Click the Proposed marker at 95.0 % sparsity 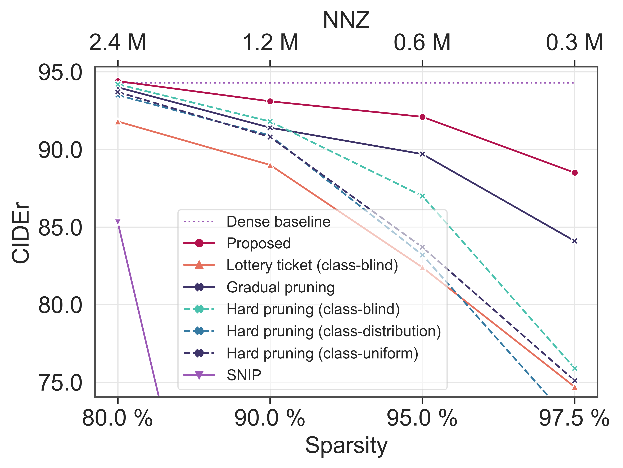[422, 117]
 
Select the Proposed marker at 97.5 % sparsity [575, 173]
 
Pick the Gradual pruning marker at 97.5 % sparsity [575, 241]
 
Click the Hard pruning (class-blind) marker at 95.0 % [422, 196]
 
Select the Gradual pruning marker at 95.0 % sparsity [422, 154]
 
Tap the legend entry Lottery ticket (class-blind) [312, 265]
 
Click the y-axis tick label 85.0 [60, 227]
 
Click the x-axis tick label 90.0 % [270, 418]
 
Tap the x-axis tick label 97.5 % [574, 418]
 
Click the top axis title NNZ [346, 20]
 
